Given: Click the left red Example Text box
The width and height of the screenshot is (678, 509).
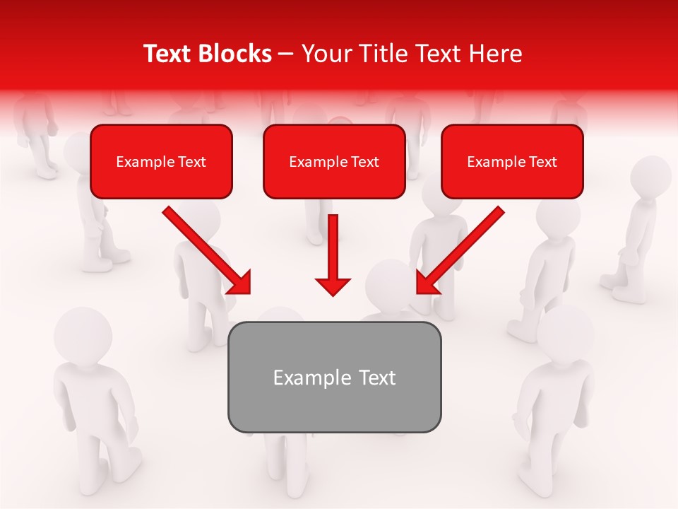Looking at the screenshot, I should click(x=161, y=161).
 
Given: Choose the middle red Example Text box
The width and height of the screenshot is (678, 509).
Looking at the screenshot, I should click(x=334, y=161).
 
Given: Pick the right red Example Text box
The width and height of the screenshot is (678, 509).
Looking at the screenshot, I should click(x=512, y=161).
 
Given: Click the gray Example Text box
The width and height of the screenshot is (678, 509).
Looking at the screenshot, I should click(x=334, y=377).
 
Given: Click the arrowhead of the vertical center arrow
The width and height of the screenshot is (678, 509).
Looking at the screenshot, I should click(x=333, y=286).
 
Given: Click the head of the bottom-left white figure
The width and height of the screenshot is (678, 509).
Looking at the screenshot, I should click(x=83, y=332).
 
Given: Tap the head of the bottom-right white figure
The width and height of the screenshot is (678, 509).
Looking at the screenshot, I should click(x=565, y=332).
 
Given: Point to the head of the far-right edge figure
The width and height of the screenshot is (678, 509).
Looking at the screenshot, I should click(x=650, y=177).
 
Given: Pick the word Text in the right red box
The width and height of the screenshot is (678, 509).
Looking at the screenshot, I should click(x=542, y=162).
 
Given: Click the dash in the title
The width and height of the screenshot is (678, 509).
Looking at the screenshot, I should click(x=286, y=54).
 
